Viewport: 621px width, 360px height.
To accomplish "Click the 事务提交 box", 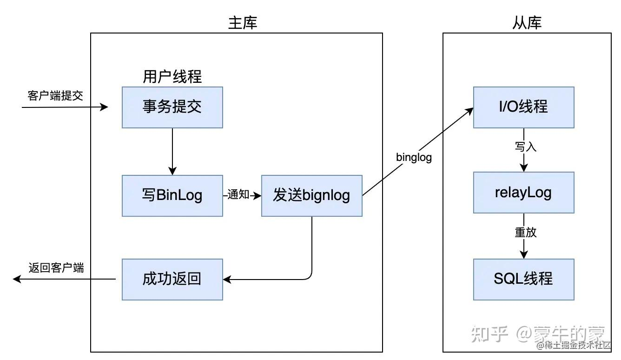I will tap(172, 107).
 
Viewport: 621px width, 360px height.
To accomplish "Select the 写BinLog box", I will tap(172, 195).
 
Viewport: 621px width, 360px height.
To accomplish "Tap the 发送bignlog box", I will tap(311, 195).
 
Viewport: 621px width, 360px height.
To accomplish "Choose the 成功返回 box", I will tap(172, 279).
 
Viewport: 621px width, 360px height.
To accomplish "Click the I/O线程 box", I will tap(523, 107).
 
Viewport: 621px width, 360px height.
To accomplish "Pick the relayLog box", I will tap(523, 193).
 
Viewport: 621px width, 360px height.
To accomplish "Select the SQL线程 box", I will tap(523, 279).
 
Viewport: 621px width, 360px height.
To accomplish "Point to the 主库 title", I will tap(242, 23).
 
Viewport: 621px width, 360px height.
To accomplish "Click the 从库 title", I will tap(527, 23).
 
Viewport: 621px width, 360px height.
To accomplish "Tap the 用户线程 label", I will tap(172, 77).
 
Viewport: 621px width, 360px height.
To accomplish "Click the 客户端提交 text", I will tap(55, 96).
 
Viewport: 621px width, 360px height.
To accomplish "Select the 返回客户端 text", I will tap(56, 268).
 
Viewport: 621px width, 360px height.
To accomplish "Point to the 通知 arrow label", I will tap(238, 195).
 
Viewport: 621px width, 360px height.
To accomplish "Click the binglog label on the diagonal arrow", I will tap(414, 157).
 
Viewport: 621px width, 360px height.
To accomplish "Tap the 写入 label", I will tap(525, 147).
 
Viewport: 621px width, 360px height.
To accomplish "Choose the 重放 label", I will tap(525, 232).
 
